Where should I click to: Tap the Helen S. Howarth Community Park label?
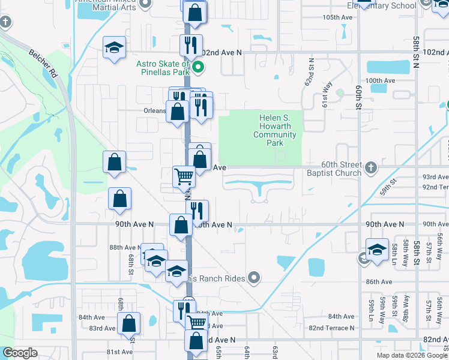point(275,131)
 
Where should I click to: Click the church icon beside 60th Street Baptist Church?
point(371,167)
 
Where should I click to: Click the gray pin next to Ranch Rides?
point(254,277)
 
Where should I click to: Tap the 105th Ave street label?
point(337,17)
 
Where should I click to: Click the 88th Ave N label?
point(124,247)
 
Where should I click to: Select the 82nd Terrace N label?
point(331,328)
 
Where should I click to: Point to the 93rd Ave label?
point(435,177)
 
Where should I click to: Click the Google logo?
point(20,352)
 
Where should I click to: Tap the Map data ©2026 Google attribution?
point(412,355)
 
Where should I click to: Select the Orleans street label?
point(154,110)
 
